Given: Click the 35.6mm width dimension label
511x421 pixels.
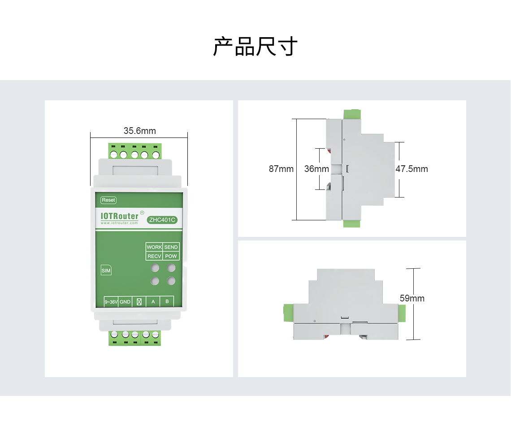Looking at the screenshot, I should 139,131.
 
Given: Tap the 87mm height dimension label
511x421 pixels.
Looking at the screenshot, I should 281,169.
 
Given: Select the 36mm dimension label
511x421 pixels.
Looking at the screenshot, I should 316,169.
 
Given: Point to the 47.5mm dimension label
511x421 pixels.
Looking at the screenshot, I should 411,169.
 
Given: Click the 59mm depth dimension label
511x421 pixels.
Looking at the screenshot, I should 412,298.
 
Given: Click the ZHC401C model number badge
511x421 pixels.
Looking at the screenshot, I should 162,220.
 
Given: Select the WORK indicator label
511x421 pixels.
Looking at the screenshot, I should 154,247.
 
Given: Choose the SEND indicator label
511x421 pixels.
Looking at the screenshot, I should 171,247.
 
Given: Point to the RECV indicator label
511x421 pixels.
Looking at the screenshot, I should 154,256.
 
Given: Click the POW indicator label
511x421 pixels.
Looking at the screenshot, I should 171,256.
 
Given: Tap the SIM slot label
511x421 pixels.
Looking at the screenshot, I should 106,271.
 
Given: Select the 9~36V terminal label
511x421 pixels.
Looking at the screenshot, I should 111,302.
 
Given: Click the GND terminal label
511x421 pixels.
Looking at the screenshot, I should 125,302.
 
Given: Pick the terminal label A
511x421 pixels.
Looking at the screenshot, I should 153,301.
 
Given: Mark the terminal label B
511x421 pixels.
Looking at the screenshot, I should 167,301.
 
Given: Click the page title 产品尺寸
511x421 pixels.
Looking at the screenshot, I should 255,47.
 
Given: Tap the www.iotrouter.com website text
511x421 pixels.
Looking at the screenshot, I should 119,223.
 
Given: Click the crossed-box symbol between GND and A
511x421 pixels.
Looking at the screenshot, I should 139,302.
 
